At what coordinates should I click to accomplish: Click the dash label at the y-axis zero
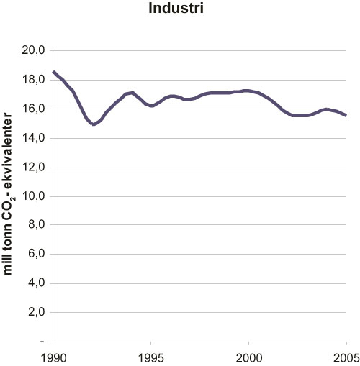pos(42,342)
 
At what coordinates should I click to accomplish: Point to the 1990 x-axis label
pos(53,356)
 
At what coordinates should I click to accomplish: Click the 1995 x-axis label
pos(150,356)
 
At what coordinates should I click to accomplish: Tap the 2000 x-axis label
pos(248,356)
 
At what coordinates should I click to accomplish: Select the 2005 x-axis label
pos(346,356)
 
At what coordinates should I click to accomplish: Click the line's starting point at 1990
pos(53,71)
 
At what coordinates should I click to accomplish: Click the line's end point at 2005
pos(346,115)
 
